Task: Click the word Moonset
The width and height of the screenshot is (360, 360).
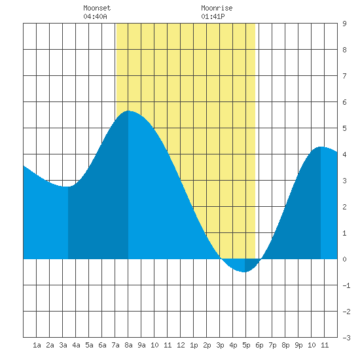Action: click(97, 8)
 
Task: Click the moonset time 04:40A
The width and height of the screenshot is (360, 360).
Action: click(95, 16)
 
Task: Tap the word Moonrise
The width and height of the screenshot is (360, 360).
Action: click(217, 8)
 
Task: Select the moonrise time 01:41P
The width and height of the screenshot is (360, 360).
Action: click(213, 16)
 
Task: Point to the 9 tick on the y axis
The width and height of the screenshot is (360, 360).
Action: click(344, 24)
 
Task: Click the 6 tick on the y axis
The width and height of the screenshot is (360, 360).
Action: click(344, 102)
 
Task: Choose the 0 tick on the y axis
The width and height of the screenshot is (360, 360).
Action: click(344, 259)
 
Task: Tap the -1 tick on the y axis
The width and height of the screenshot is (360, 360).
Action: click(346, 285)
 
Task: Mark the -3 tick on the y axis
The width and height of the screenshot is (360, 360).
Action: click(346, 338)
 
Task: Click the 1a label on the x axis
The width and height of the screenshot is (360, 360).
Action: click(37, 345)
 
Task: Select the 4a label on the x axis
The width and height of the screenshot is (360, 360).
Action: click(76, 345)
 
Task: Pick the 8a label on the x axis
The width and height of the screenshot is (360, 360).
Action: click(128, 345)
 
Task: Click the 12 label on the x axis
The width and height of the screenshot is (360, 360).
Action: click(181, 345)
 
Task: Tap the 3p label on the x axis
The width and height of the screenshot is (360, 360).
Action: click(220, 345)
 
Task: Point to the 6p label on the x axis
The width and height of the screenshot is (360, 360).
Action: click(259, 345)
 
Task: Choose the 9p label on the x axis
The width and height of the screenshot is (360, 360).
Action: click(298, 345)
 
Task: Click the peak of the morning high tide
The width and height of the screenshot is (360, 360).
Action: click(128, 111)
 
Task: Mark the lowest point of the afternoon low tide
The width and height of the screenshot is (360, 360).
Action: click(245, 272)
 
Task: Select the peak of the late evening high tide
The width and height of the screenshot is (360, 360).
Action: click(321, 147)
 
